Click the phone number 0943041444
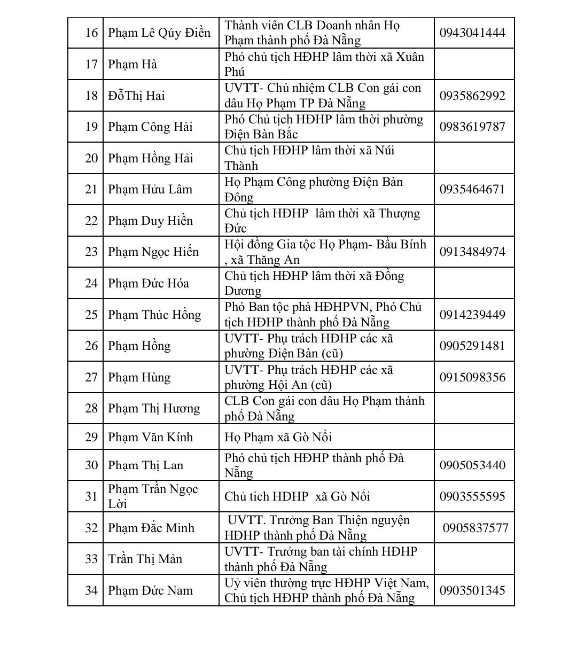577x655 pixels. click(472, 33)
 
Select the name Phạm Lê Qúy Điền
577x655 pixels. click(159, 33)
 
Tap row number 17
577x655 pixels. click(91, 65)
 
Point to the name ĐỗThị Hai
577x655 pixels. click(136, 96)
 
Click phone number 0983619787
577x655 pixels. click(472, 127)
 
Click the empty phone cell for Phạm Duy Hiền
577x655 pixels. click(474, 221)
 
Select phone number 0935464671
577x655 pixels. click(472, 190)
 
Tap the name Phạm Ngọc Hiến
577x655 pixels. click(153, 252)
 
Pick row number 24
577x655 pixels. click(91, 283)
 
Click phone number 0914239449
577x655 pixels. click(472, 315)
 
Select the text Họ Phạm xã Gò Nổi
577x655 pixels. click(278, 438)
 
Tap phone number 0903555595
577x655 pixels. click(472, 497)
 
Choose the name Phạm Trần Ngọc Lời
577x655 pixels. click(152, 496)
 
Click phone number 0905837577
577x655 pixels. click(475, 528)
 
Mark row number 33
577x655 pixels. click(91, 559)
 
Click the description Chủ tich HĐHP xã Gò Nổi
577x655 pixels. click(297, 497)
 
